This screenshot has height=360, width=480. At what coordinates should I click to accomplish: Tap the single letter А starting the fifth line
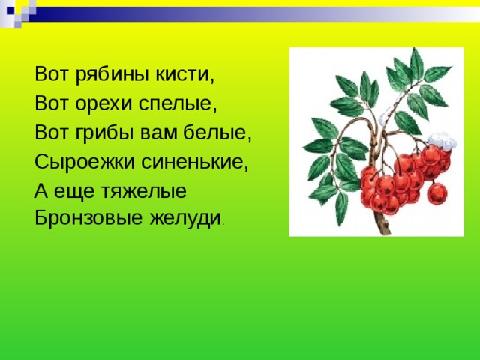click(x=40, y=191)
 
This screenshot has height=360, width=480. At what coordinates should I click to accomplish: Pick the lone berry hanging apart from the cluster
click(x=437, y=193)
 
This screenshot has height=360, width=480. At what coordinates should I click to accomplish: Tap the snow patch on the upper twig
click(x=384, y=117)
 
